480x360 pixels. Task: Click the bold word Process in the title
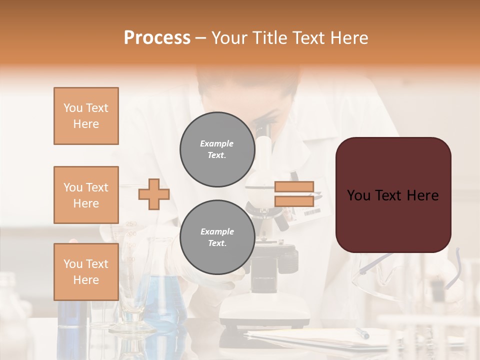157,38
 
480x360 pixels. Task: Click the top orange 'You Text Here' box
86,116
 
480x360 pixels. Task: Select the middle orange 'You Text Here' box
86,195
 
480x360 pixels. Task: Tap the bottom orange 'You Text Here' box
86,271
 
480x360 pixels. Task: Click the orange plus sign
153,194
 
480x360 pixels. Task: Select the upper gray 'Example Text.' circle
217,149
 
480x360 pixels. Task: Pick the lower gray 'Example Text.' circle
217,237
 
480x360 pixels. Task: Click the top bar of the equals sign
294,186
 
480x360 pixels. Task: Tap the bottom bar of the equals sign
294,201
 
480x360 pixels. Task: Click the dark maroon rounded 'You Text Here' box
393,195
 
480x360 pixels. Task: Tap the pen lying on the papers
362,333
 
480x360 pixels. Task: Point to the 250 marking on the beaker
131,224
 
